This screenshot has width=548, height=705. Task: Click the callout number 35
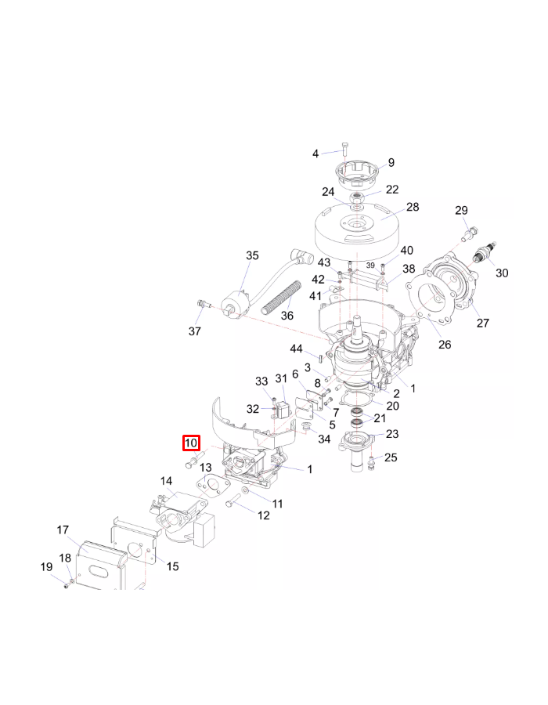coord(252,256)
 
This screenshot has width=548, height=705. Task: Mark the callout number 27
coord(482,324)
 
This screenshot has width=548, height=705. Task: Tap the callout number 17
coord(63,530)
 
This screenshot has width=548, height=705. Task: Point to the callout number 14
coord(167,481)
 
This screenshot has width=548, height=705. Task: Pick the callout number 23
coord(392,435)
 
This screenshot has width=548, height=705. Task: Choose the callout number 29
coord(461,210)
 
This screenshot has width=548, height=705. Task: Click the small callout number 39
coord(370,265)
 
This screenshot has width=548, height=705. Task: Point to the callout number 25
coord(391,457)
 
